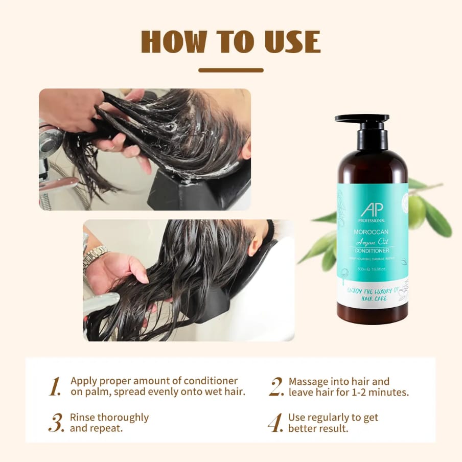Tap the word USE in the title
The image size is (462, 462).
tap(291, 42)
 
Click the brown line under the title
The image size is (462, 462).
tap(231, 70)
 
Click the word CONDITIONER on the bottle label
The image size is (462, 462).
tap(372, 250)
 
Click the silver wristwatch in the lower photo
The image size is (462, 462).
tap(95, 256)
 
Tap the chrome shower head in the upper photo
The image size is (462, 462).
tap(51, 141)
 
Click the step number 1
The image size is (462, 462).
tap(55, 387)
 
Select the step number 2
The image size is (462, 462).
tap(276, 387)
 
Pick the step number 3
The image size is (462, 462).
tap(56, 423)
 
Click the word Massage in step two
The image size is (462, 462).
tap(308, 381)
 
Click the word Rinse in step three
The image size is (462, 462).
tap(82, 417)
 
